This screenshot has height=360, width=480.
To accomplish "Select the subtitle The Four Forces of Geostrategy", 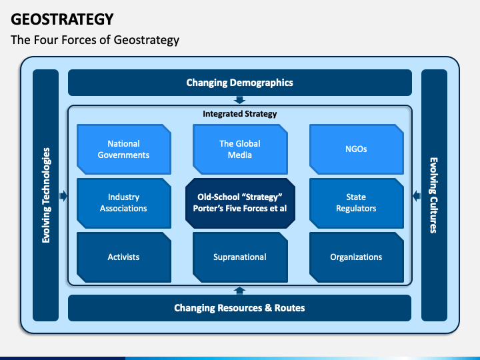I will pyautogui.click(x=95, y=40).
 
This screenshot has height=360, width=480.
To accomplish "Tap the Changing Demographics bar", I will pyautogui.click(x=239, y=83).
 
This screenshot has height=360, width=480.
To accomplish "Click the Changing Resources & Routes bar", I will pyautogui.click(x=239, y=308).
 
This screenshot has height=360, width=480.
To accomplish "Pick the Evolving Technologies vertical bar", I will pyautogui.click(x=45, y=195).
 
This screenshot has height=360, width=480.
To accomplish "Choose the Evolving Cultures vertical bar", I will pyautogui.click(x=434, y=195).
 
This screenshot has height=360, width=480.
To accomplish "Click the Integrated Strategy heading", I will pyautogui.click(x=239, y=114).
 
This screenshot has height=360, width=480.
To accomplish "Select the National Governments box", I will pyautogui.click(x=123, y=149).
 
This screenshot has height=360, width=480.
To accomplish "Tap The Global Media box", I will pyautogui.click(x=240, y=149).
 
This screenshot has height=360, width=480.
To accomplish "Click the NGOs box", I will pyautogui.click(x=357, y=149).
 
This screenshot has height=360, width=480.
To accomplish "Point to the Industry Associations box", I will pyautogui.click(x=123, y=203).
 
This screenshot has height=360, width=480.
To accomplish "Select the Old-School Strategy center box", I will pyautogui.click(x=240, y=203).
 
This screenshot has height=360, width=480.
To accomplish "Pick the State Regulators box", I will pyautogui.click(x=357, y=203).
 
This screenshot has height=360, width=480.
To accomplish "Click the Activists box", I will pyautogui.click(x=123, y=257).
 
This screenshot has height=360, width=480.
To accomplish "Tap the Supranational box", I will pyautogui.click(x=240, y=257).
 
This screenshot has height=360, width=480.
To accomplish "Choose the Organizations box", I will pyautogui.click(x=357, y=257).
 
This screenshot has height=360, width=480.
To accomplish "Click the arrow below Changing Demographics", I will pyautogui.click(x=240, y=101).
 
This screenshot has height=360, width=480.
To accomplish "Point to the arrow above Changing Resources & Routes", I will pyautogui.click(x=240, y=290).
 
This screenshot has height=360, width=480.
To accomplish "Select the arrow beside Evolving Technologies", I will pyautogui.click(x=63, y=196).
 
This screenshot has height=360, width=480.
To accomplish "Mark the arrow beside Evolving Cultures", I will pyautogui.click(x=416, y=196).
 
